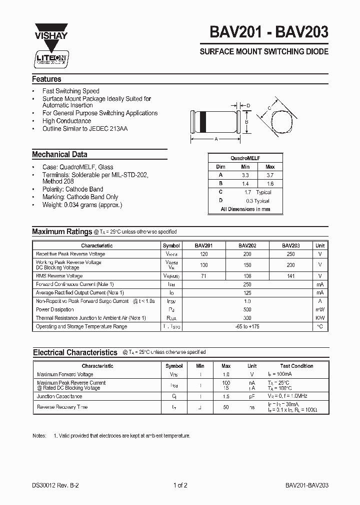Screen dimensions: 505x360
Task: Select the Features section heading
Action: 46,79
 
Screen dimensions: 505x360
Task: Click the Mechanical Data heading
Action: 59,155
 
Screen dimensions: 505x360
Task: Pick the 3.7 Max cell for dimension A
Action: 270,175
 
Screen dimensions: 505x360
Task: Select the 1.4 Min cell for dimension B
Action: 245,184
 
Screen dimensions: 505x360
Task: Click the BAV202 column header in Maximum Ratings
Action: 247,246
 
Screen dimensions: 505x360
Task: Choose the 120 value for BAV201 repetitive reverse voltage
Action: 203,254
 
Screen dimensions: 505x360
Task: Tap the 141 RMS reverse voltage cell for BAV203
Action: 290,276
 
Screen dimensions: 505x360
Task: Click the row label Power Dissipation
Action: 54,310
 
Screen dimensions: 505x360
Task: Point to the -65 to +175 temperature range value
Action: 247,326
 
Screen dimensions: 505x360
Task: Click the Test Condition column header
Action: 296,366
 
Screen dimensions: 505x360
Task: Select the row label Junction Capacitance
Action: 59,396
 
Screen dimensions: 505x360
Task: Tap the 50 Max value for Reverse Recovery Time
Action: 226,407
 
